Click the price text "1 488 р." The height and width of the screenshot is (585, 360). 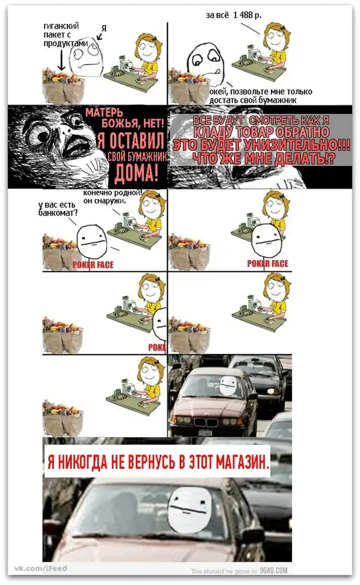coord(247,15)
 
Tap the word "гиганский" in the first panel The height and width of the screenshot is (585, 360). coord(61,26)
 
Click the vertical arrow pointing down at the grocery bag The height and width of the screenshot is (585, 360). coord(61,59)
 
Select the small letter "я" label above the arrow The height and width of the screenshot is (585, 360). coord(104,28)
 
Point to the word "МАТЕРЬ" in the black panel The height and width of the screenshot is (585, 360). coord(104,113)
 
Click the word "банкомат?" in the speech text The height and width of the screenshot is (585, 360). coord(58,213)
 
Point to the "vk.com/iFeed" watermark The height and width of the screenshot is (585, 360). coord(41,568)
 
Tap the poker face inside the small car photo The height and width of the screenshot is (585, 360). coord(228,386)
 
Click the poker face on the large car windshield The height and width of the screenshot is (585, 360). coord(190,510)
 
